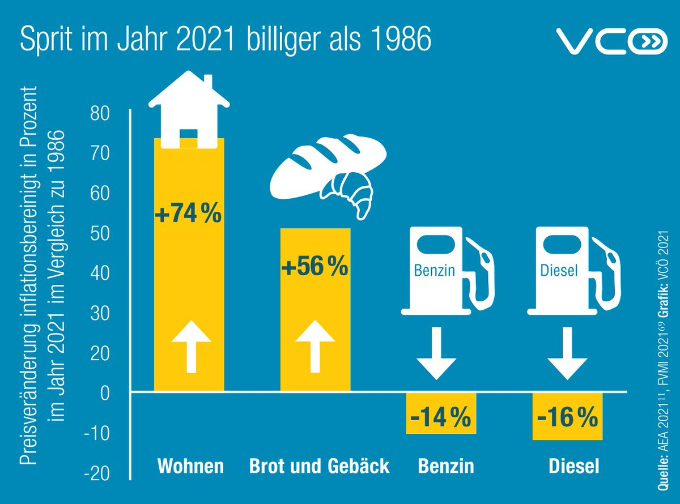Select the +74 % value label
(188, 215)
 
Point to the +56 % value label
(315, 267)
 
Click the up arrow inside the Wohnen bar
(192, 345)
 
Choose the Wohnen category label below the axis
(190, 467)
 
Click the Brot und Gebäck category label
(320, 467)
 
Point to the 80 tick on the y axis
(103, 113)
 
